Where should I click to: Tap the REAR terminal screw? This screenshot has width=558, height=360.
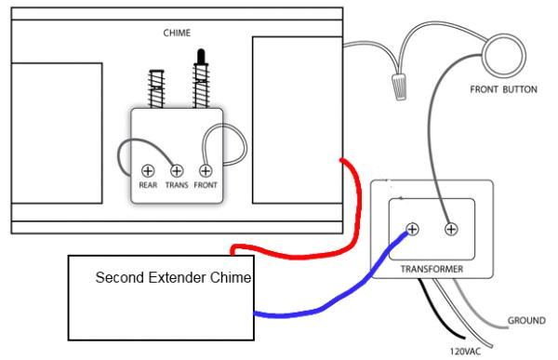(x=147, y=170)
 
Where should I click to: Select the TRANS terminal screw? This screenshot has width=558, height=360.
(x=176, y=170)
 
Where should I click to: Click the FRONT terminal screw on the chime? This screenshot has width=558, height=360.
(x=205, y=170)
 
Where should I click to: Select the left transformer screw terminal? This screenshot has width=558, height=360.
(x=413, y=228)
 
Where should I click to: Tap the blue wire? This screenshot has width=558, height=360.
(x=325, y=303)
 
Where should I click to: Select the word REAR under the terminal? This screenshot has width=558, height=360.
(x=147, y=186)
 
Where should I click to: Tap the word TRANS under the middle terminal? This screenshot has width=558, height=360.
(x=176, y=186)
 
